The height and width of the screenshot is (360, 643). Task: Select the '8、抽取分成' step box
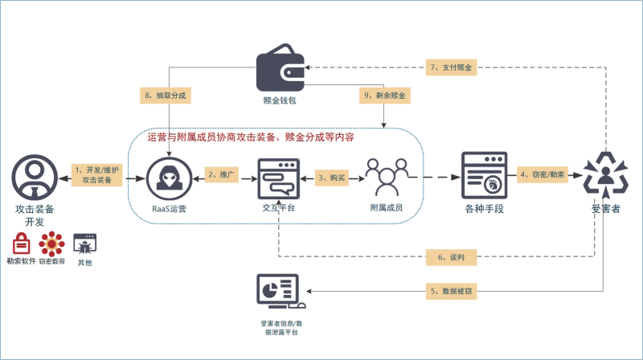(x=167, y=96)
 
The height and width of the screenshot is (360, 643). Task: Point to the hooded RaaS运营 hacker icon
(x=170, y=176)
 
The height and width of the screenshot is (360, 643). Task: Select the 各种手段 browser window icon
(x=483, y=174)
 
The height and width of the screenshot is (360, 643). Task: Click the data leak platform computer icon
(x=278, y=294)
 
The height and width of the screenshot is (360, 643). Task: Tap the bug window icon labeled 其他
(x=84, y=243)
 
